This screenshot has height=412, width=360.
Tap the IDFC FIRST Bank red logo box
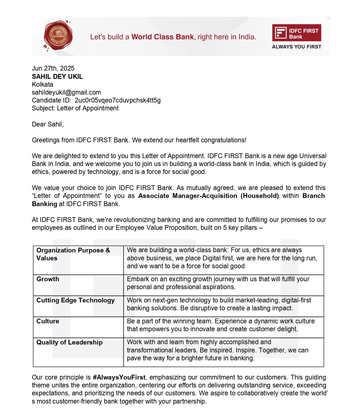pos(297,33)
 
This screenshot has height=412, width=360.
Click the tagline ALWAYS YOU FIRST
pos(297,47)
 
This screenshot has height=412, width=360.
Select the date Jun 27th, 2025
pos(53,68)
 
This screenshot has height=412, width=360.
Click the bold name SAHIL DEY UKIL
pos(57,77)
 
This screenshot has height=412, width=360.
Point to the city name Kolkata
pos(42,84)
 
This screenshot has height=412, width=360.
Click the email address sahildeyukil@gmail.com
pos(66,92)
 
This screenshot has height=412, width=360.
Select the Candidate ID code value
pos(118,100)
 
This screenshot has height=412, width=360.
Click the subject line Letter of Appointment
pos(87,108)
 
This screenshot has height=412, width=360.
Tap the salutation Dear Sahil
pos(48,124)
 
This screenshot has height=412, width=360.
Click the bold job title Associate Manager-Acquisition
pos(188,196)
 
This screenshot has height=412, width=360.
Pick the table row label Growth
pos(48,279)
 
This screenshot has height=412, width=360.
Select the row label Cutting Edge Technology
pos(75,300)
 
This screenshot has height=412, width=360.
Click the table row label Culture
pos(48,321)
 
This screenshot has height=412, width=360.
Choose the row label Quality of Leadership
pos(69,342)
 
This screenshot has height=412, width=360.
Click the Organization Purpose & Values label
pos(73,254)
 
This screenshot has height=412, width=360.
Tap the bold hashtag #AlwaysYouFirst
pos(119,377)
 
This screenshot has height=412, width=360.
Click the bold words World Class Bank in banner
pos(163,37)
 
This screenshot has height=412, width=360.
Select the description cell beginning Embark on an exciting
pos(218,283)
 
